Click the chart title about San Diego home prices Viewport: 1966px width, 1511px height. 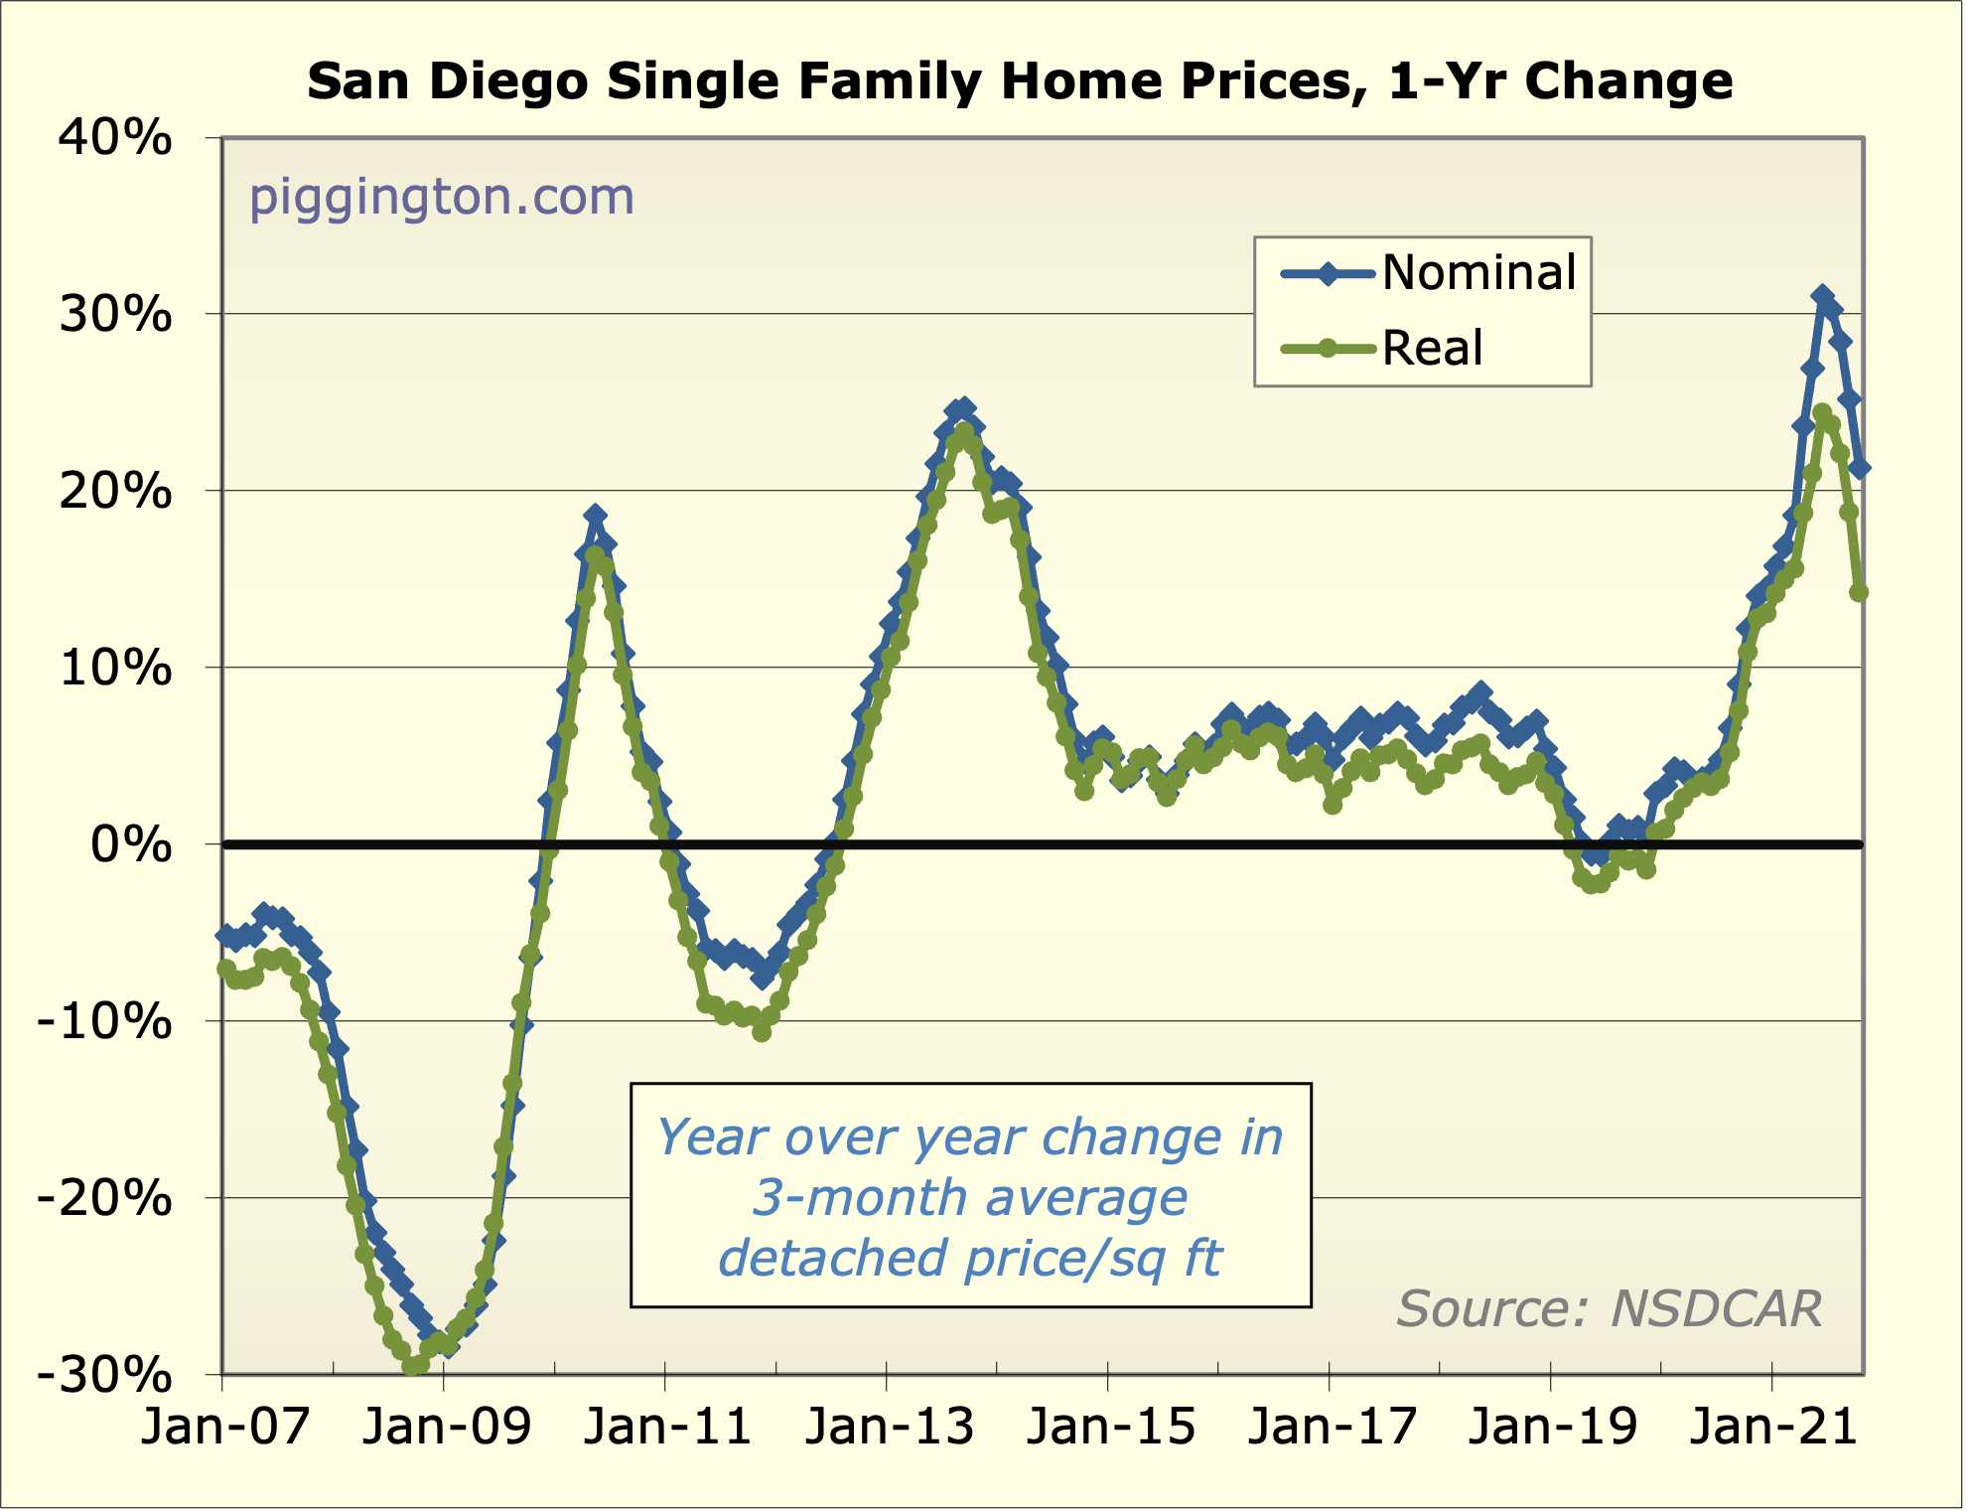coord(1020,81)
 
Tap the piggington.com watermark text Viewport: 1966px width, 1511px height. coord(441,197)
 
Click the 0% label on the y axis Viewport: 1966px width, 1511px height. coord(131,845)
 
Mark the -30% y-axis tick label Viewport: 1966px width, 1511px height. coord(104,1376)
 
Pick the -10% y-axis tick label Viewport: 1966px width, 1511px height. coord(104,1021)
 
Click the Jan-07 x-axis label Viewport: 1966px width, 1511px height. coord(224,1427)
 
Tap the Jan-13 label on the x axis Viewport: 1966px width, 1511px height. coord(889,1427)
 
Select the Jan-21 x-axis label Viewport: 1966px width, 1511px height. coord(1773,1427)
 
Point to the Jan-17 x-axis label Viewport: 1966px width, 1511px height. coord(1331,1427)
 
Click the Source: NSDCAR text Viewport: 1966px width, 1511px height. coord(1609,1308)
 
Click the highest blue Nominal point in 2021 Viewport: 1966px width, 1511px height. coord(1822,296)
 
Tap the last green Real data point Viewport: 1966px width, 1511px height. coord(1859,592)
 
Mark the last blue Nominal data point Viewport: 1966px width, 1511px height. coord(1860,468)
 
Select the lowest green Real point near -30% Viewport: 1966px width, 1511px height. coord(411,1368)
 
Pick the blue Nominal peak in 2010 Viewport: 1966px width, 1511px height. coord(595,515)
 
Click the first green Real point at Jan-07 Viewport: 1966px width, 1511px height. coord(226,969)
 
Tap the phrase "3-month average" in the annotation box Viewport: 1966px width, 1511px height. coord(969,1197)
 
